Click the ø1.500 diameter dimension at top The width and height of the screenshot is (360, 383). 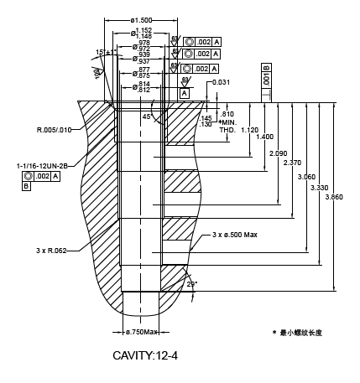click(141, 19)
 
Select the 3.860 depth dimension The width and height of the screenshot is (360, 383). click(334, 197)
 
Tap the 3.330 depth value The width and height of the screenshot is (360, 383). click(319, 188)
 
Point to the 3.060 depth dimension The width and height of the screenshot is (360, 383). click(306, 177)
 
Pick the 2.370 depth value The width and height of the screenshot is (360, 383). click(291, 163)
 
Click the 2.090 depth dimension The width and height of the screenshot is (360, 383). click(278, 153)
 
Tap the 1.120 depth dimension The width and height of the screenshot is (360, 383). click(249, 130)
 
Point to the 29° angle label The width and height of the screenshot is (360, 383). click(191, 285)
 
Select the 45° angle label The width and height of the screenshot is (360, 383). click(147, 116)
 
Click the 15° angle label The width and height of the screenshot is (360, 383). click(102, 53)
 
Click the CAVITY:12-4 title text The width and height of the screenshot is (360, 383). click(145, 355)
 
